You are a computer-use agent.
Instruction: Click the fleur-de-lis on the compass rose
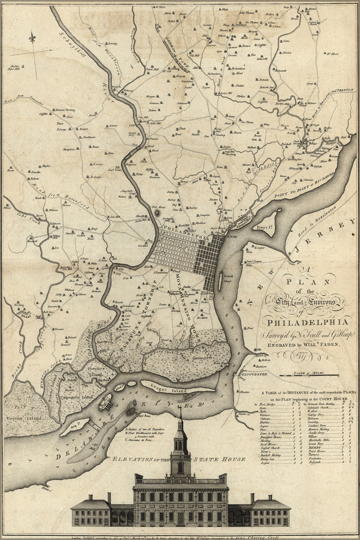[33, 38]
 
